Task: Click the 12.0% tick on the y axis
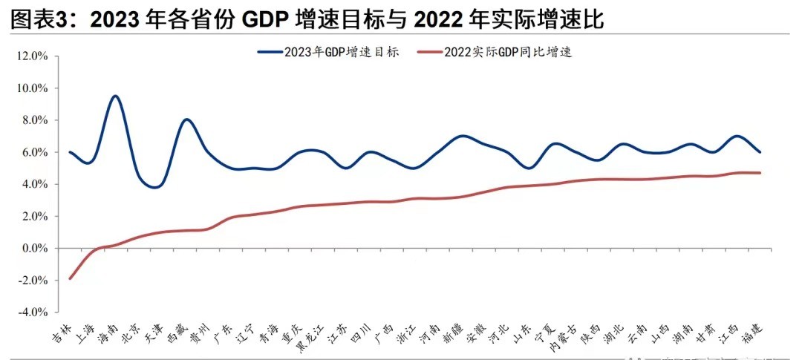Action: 32,56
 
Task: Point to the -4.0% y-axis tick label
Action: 30,312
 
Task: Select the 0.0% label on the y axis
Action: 33,249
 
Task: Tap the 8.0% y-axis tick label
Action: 33,120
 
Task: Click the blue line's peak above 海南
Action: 115,96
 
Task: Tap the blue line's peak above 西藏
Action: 187,120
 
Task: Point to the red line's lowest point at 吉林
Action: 70,278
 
